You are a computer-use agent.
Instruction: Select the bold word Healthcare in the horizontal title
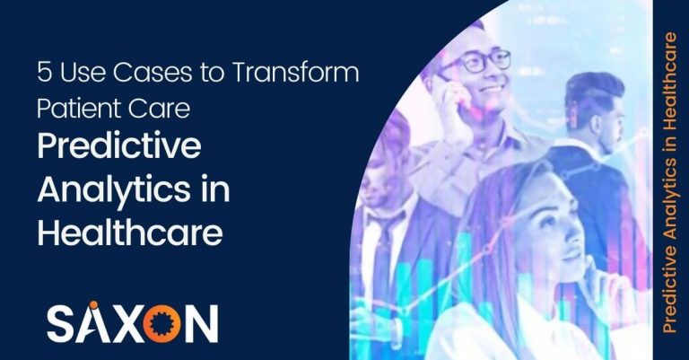[x=129, y=233]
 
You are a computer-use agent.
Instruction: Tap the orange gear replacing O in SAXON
[x=164, y=320]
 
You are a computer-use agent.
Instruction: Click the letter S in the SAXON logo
[x=61, y=320]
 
